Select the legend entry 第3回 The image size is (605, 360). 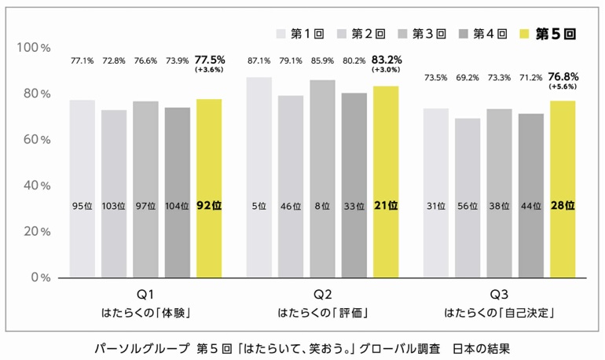pyautogui.click(x=423, y=34)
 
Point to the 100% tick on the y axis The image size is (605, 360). pyautogui.click(x=34, y=48)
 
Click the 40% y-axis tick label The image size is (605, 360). pyautogui.click(x=35, y=186)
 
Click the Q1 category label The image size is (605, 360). pyautogui.click(x=145, y=295)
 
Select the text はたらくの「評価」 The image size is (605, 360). pyautogui.click(x=323, y=313)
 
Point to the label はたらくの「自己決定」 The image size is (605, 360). pyautogui.click(x=500, y=313)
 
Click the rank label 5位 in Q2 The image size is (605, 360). pyautogui.click(x=259, y=207)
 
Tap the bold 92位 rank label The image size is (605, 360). pyautogui.click(x=209, y=206)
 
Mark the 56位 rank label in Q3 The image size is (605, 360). pyautogui.click(x=467, y=207)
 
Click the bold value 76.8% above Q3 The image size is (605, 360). pyautogui.click(x=563, y=77)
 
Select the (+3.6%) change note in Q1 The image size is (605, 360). pyautogui.click(x=210, y=70)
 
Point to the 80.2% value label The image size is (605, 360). pyautogui.click(x=354, y=61)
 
